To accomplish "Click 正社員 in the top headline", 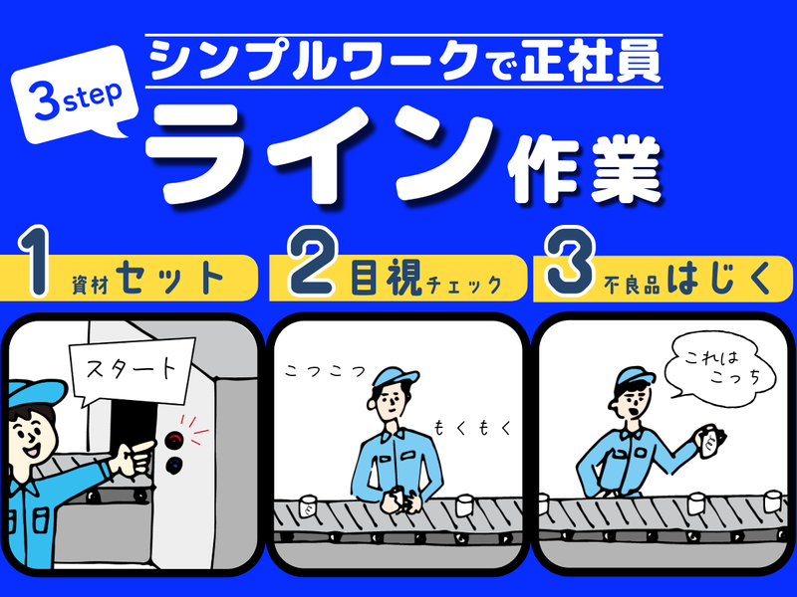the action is click(590, 62).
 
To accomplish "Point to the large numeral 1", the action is click(35, 261).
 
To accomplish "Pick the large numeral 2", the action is click(312, 262).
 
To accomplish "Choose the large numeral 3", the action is click(569, 261).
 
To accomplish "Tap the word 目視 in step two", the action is click(387, 278).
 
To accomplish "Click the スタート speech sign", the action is click(132, 370).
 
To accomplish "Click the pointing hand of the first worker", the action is click(133, 457).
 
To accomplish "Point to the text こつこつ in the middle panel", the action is click(326, 371).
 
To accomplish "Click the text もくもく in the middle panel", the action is click(472, 428).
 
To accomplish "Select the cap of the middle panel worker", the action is click(394, 378).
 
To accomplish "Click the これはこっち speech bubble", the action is click(720, 368).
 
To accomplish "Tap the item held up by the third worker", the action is click(710, 442).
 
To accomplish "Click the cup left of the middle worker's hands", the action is click(307, 505).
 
